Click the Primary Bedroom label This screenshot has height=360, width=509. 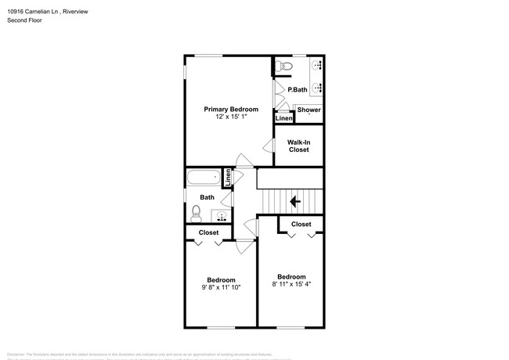point(231,109)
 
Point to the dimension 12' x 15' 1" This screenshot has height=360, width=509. point(231,117)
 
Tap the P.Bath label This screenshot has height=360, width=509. point(298,89)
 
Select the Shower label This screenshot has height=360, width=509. point(309,110)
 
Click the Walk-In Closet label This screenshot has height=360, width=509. point(298,146)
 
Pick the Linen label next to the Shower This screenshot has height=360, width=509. point(283,119)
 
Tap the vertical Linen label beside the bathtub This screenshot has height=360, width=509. point(228,178)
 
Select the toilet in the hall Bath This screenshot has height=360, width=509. point(196,212)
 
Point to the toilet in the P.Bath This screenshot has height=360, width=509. point(285,66)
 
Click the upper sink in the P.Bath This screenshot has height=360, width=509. point(317,66)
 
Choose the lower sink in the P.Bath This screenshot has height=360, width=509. point(317,88)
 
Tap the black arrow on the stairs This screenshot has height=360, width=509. point(295,201)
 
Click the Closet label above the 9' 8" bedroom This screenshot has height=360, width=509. point(208,232)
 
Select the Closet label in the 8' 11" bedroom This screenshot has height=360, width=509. point(301,225)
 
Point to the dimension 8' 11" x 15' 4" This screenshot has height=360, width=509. point(291,284)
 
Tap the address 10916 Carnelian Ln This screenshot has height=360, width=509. point(35,9)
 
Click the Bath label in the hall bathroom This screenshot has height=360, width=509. point(207,197)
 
